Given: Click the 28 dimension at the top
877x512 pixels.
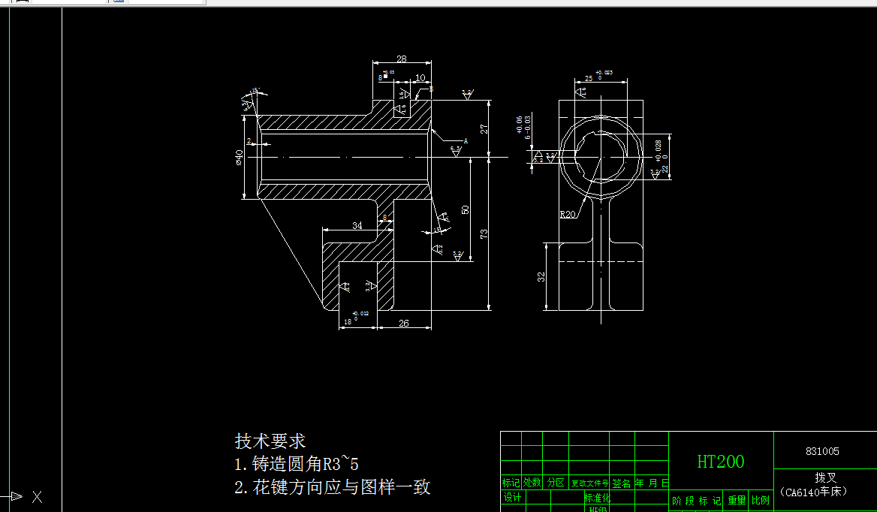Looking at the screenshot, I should (402, 59).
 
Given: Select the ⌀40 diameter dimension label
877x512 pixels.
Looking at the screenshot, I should (239, 157).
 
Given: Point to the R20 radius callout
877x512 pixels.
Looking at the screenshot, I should (568, 214).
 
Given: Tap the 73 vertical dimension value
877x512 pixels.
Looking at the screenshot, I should (484, 233).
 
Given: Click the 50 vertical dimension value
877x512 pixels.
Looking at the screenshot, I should (466, 209).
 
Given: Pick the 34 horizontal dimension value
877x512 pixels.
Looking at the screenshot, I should (357, 225).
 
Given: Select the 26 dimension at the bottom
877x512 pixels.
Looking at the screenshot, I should (403, 323).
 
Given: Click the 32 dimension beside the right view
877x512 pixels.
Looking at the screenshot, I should (541, 276).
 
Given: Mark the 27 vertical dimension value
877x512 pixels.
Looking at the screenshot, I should (484, 128).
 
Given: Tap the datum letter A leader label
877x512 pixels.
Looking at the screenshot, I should (466, 140).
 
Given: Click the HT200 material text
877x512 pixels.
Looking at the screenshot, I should (720, 462).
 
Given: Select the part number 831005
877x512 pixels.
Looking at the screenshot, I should (822, 451).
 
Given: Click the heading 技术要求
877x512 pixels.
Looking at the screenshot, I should (270, 441).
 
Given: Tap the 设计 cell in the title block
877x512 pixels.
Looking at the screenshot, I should (512, 498).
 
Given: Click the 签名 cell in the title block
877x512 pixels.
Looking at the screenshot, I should (622, 483).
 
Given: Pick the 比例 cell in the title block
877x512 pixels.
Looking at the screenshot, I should (760, 500).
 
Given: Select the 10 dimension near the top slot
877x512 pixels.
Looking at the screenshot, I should (420, 77).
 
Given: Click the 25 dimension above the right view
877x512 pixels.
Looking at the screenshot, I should (588, 78).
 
